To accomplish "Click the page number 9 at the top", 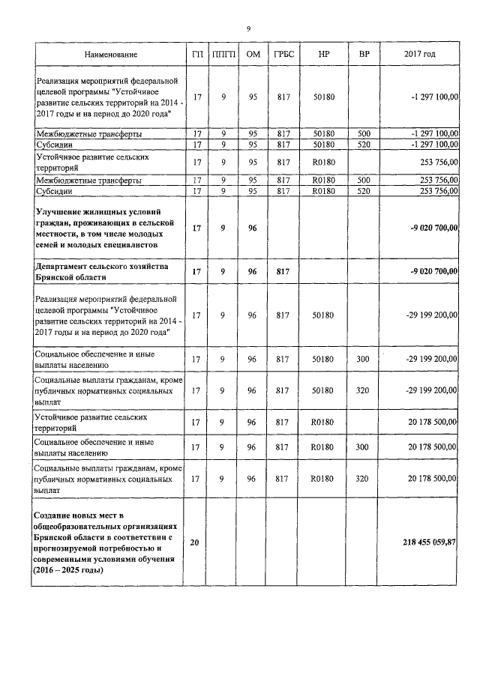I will click(248, 29).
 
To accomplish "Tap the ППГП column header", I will click(223, 55).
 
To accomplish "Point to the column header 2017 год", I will click(420, 55).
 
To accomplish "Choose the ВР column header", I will click(364, 55).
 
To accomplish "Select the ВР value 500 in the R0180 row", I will click(364, 181).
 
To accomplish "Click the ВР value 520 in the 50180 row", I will click(364, 145).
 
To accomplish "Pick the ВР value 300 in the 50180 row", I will click(364, 359).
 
